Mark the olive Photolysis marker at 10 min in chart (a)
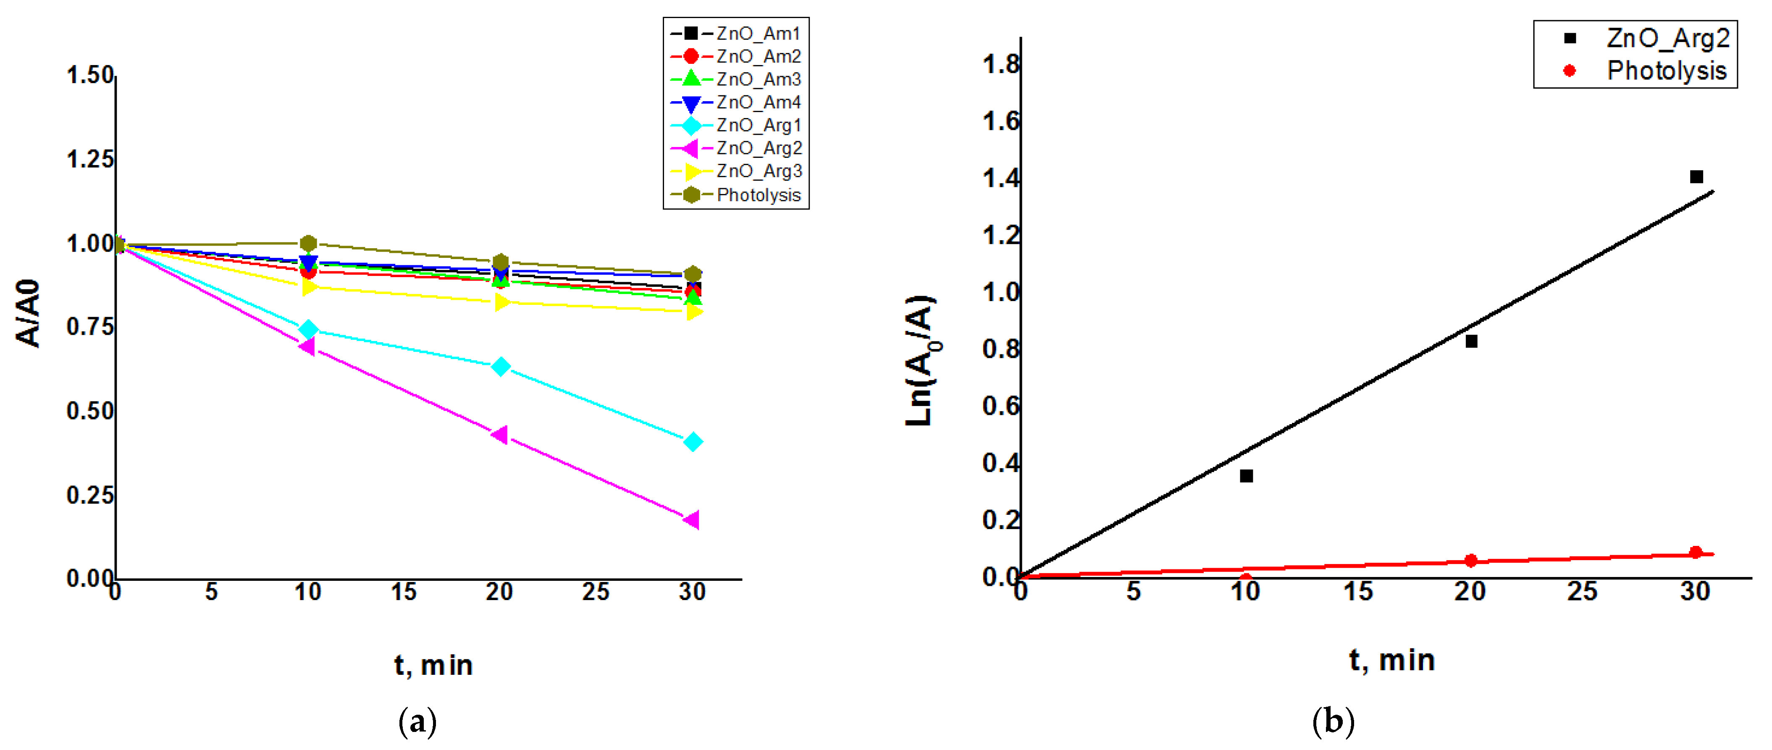click(x=309, y=244)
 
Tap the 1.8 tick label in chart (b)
click(x=1001, y=65)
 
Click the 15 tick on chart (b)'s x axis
click(x=1358, y=592)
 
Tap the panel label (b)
click(x=1333, y=722)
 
